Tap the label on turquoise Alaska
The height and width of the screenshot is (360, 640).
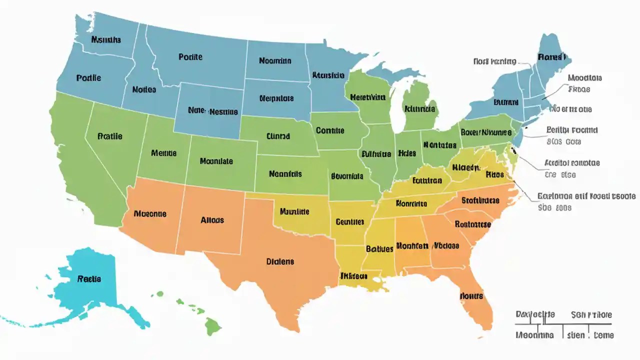(89, 279)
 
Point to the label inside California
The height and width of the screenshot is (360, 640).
(110, 136)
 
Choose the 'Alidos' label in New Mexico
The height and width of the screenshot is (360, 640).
(212, 220)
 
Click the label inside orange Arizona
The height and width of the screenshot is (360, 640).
(150, 213)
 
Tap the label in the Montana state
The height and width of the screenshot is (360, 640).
(190, 57)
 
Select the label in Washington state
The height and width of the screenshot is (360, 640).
(106, 39)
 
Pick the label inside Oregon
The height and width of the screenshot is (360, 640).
(88, 78)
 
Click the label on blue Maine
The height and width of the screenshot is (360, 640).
(550, 57)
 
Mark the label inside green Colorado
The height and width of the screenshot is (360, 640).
(216, 161)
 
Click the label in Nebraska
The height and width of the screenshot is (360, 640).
(278, 135)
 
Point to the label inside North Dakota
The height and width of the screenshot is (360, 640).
(275, 61)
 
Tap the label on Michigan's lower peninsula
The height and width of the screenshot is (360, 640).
(420, 108)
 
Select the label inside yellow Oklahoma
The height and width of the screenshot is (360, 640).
(294, 211)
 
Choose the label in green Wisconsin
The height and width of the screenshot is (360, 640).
(368, 97)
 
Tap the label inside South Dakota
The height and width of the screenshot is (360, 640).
(276, 98)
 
